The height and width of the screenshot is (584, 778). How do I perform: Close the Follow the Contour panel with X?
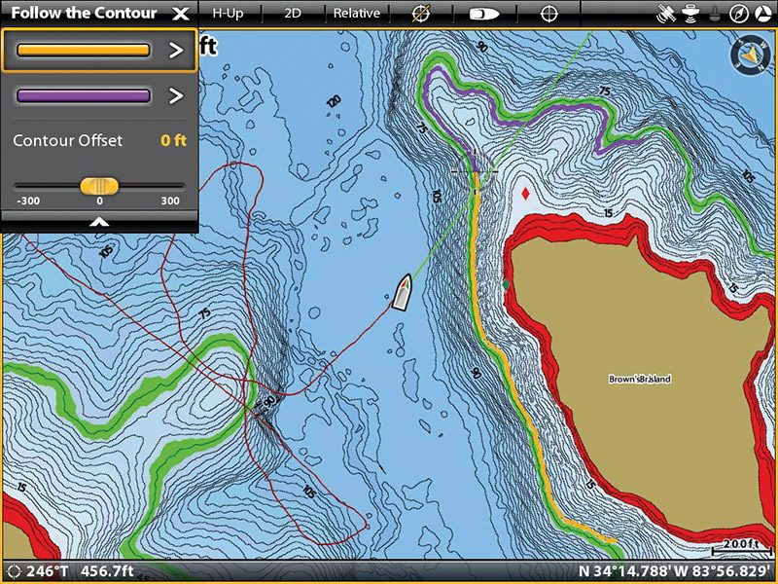point(180,14)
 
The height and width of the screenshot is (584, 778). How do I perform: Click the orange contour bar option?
point(84,51)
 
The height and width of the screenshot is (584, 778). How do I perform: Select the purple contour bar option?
point(84,95)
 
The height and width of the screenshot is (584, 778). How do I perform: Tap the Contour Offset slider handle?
point(99,185)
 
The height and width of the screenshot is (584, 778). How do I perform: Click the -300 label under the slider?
point(28,201)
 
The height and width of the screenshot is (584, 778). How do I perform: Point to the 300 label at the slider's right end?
point(170,201)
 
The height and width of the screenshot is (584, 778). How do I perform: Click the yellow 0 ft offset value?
point(173,141)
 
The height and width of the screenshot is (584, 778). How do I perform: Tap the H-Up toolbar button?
point(228,14)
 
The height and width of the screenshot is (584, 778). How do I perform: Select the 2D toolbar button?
point(293,14)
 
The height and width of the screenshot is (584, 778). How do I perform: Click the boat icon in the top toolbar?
point(484,14)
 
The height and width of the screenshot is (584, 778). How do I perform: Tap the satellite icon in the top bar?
point(666,14)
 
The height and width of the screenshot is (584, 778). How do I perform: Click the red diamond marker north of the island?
point(526,194)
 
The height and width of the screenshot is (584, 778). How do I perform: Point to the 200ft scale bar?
point(742,547)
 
